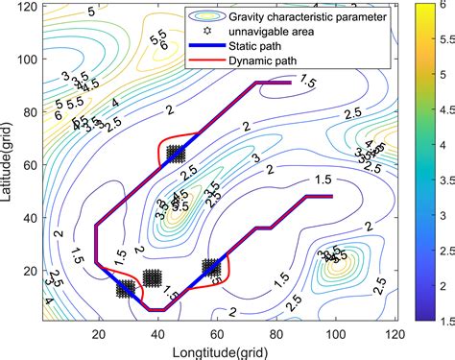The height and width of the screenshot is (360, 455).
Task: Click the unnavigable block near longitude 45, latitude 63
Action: [x=174, y=153]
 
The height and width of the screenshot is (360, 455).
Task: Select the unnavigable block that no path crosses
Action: [x=152, y=278]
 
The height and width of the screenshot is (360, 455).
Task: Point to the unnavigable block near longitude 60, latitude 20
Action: [x=212, y=269]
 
